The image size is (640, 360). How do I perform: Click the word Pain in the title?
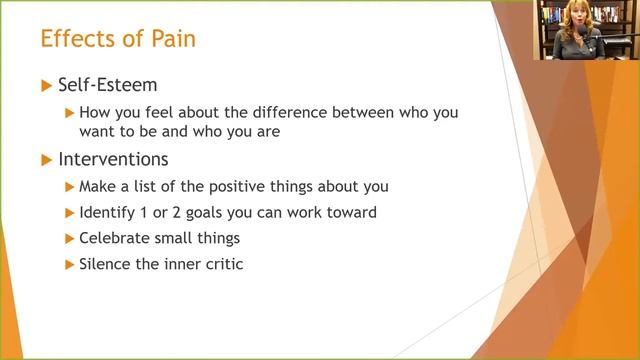click(169, 40)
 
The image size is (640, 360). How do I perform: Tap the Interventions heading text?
click(113, 159)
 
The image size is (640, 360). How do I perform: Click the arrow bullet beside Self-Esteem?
click(46, 87)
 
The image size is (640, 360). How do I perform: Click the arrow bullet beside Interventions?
click(46, 159)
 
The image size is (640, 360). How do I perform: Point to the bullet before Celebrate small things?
click(69, 238)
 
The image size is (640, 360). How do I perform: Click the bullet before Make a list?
click(69, 186)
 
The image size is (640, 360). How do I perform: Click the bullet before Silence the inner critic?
click(69, 264)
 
